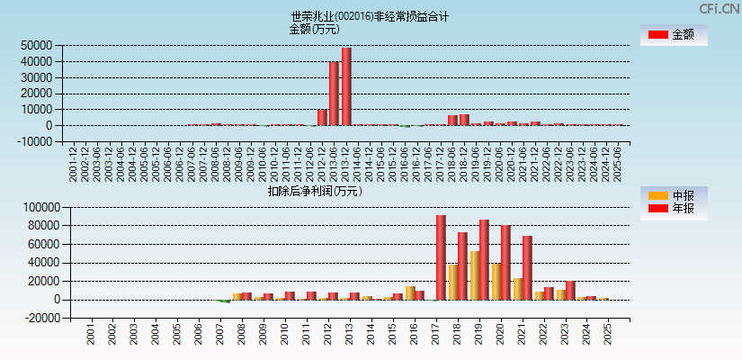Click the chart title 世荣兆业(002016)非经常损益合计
click(x=370, y=16)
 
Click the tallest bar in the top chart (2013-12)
click(x=346, y=86)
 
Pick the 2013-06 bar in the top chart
click(x=334, y=94)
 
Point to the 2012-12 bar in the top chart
click(x=322, y=117)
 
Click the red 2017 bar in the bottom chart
click(x=441, y=257)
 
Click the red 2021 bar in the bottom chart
click(x=527, y=267)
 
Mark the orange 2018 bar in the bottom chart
click(x=452, y=282)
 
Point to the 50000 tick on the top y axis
click(x=36, y=45)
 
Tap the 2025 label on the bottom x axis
click(x=608, y=335)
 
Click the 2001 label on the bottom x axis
click(x=91, y=335)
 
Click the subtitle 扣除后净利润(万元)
click(x=314, y=191)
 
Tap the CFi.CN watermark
click(x=720, y=8)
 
